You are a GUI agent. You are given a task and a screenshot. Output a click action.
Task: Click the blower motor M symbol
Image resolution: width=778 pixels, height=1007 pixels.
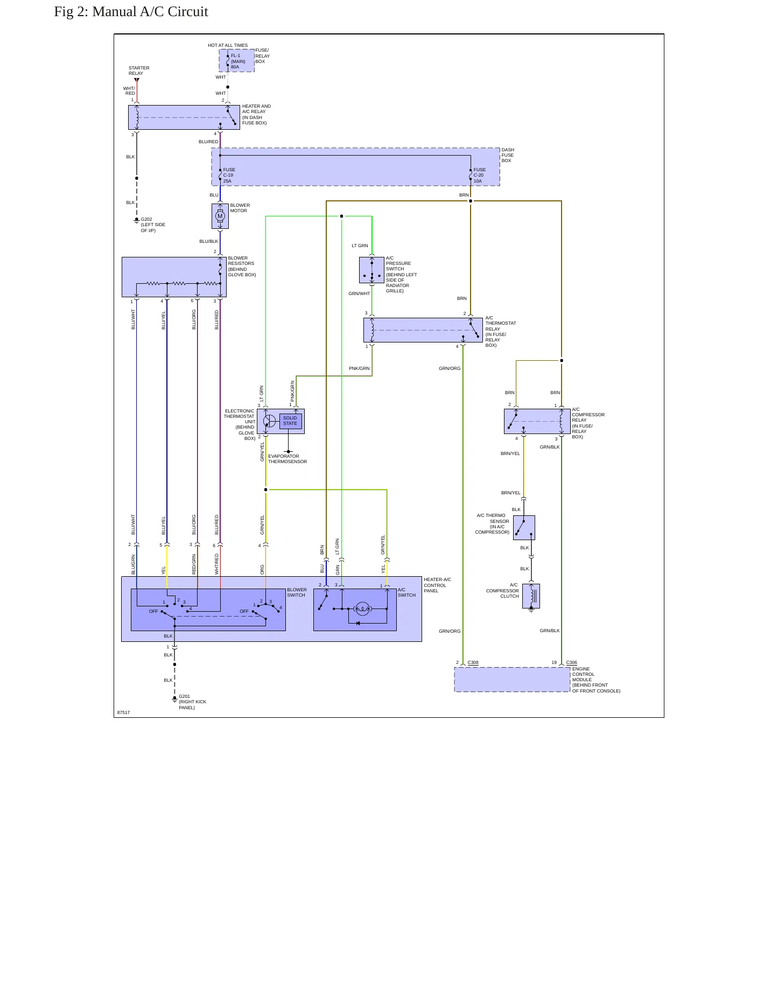(220, 216)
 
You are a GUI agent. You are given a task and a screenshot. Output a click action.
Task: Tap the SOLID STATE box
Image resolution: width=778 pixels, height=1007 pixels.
(290, 421)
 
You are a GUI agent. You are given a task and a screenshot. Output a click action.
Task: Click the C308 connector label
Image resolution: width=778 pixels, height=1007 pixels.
(473, 663)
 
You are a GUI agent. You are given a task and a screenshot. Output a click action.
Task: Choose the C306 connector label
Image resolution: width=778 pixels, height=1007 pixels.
(571, 663)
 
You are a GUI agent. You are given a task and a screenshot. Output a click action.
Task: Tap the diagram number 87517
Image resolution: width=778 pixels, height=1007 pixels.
(123, 712)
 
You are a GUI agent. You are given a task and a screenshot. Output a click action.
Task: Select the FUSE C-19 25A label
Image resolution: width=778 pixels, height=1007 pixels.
(229, 176)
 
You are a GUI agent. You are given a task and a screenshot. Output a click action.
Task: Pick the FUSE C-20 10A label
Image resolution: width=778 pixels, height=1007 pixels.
(479, 176)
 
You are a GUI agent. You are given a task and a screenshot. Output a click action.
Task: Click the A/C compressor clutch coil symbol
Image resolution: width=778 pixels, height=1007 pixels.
(531, 596)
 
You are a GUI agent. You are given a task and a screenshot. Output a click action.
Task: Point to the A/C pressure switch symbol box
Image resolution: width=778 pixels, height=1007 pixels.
(372, 270)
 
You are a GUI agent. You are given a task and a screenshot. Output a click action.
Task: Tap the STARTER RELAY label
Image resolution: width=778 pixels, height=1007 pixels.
(139, 71)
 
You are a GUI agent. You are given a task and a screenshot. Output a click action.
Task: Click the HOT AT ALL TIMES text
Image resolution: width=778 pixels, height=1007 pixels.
(228, 45)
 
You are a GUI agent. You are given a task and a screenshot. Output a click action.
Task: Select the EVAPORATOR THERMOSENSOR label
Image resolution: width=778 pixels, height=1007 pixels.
(288, 459)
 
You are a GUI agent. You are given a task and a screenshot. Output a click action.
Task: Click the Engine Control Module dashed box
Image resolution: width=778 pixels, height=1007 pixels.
(512, 680)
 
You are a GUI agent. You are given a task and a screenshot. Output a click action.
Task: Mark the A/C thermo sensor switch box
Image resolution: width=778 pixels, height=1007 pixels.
(524, 528)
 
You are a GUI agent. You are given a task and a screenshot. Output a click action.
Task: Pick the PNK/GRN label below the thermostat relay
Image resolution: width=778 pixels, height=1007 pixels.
(359, 369)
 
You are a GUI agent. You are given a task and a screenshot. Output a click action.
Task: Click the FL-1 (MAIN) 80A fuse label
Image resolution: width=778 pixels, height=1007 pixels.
(237, 61)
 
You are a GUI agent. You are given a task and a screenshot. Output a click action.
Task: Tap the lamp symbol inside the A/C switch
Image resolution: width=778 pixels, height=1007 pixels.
(363, 609)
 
